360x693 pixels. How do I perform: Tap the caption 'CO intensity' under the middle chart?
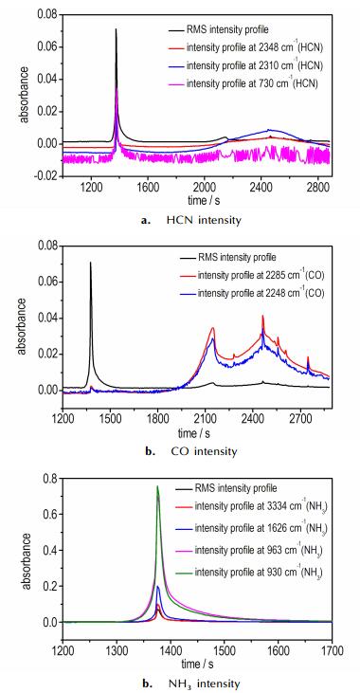tap(204, 451)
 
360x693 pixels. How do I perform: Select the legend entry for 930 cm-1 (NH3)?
tap(252, 572)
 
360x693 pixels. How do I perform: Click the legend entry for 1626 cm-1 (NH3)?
tap(252, 528)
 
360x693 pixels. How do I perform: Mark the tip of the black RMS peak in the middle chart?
tap(91, 262)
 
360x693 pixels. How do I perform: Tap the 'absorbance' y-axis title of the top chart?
tap(26, 94)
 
